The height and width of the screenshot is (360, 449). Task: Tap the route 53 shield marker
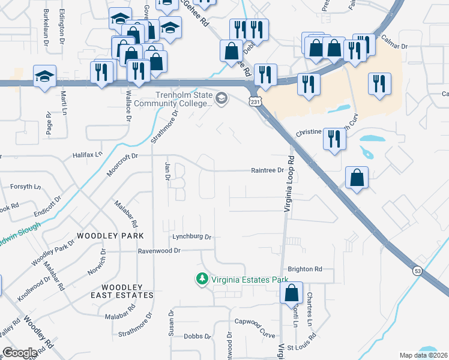pos(417,271)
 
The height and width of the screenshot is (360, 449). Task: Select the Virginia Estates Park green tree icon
pos(202,279)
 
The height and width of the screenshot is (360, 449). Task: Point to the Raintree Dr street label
pos(267,170)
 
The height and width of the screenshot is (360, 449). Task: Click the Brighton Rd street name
pos(305,269)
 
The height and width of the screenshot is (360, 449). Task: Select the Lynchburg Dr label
pos(192,237)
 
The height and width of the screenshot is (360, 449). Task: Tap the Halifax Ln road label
pos(88,155)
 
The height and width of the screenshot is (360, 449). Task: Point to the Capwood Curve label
pos(254,322)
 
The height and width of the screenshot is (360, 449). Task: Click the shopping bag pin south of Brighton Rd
pos(291,293)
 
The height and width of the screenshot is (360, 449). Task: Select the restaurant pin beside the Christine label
pos(333,139)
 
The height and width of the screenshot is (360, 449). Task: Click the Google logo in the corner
pos(20,353)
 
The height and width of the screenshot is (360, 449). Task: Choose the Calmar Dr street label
pos(395,46)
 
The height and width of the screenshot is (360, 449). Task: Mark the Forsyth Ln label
pos(25,187)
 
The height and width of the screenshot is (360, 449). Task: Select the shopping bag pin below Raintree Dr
pos(357,178)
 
